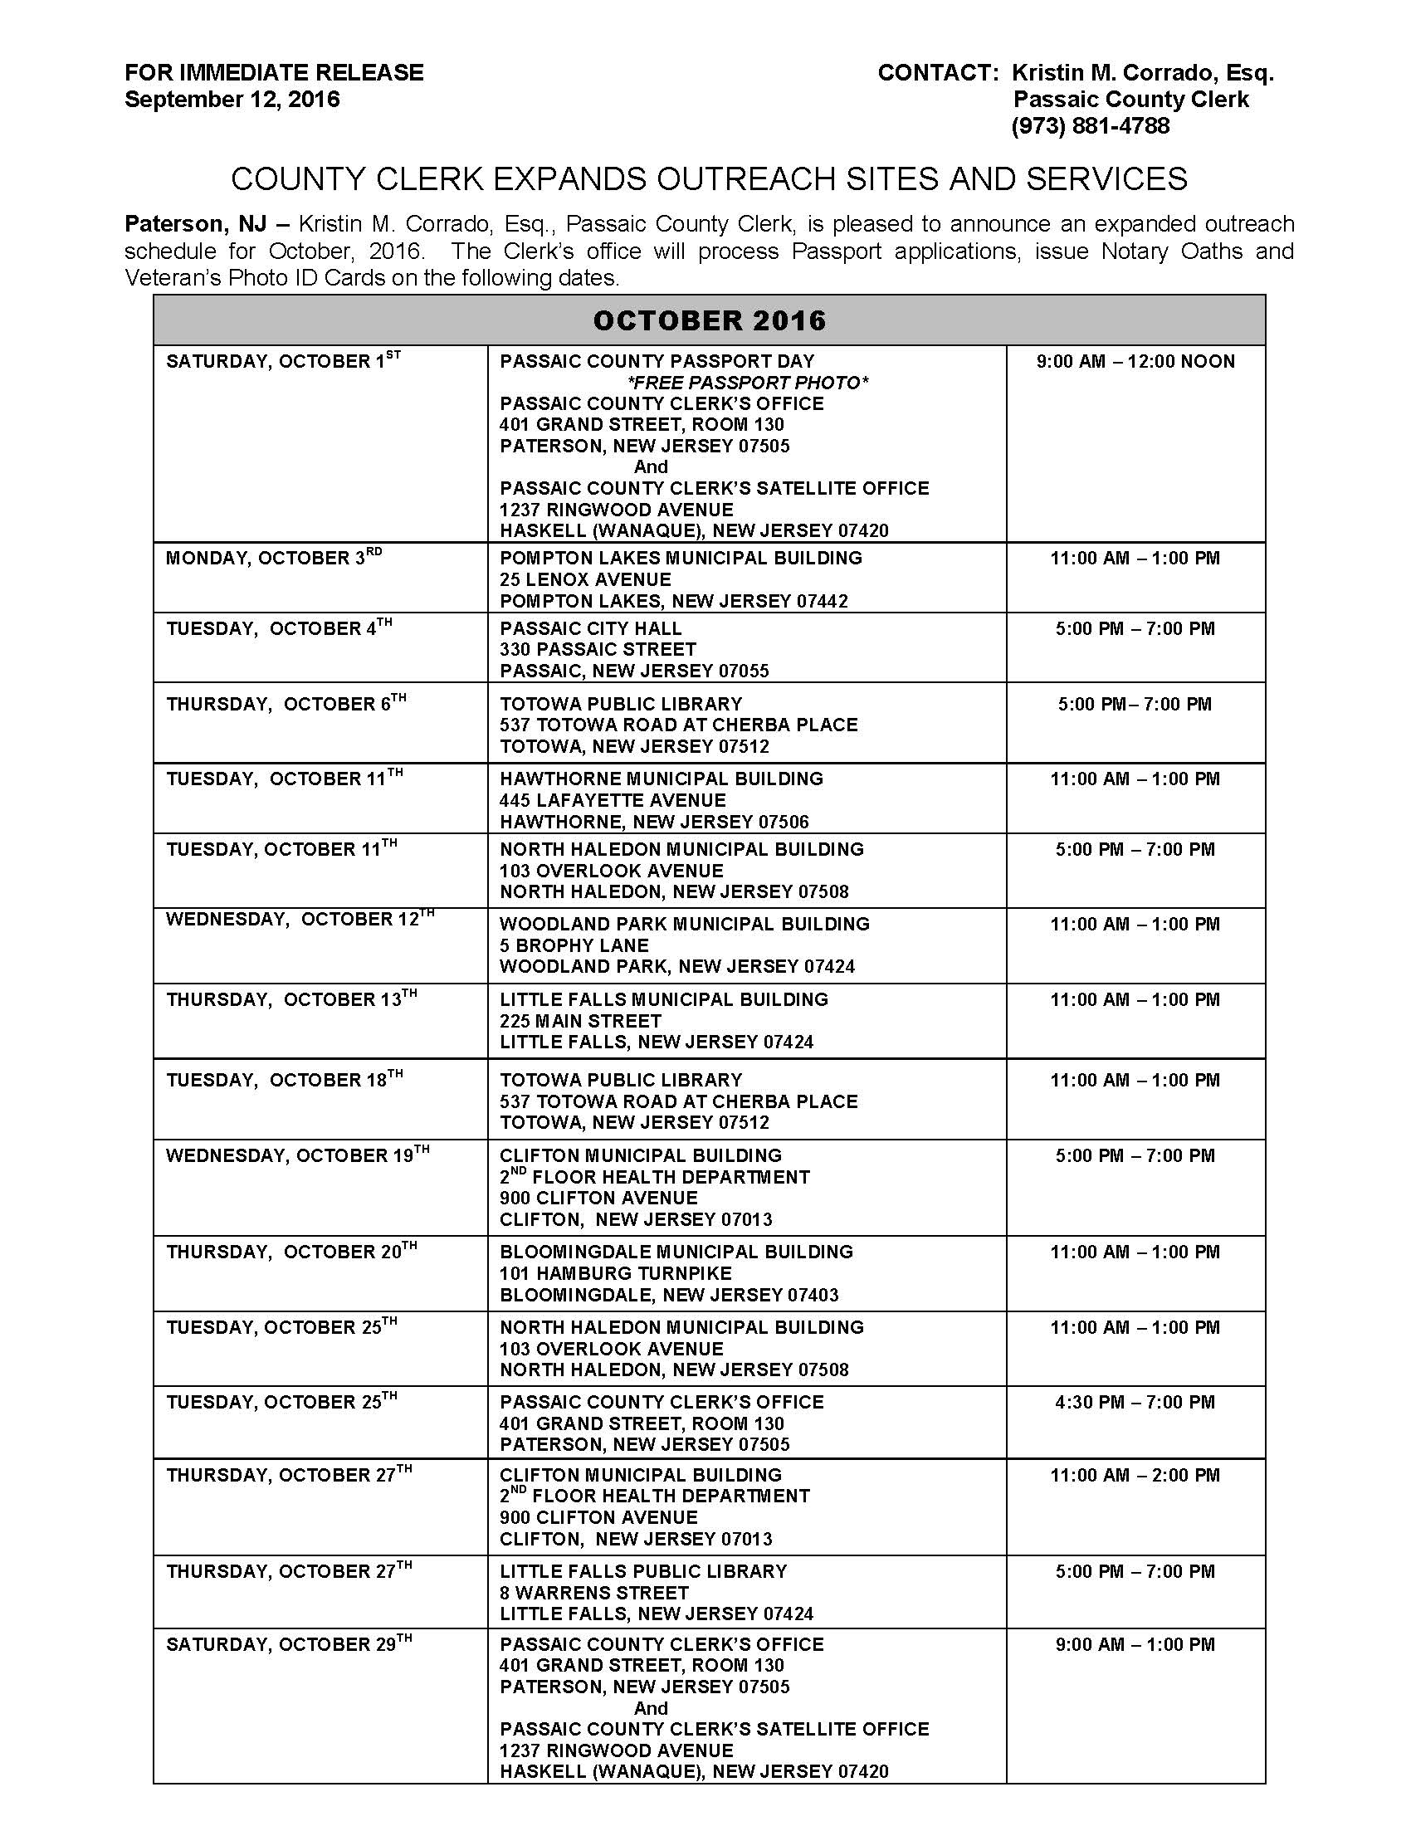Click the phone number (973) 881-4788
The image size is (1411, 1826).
point(1090,126)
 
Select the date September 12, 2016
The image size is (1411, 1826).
point(232,100)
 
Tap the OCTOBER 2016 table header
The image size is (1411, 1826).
point(709,320)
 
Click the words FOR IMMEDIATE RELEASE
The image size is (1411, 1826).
point(274,73)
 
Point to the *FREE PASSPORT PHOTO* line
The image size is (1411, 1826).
point(748,383)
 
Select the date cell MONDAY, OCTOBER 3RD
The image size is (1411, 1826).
point(273,558)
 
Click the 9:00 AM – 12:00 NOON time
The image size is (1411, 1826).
point(1135,361)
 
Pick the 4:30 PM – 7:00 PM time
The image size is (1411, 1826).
point(1135,1402)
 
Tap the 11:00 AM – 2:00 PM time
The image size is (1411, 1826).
point(1135,1475)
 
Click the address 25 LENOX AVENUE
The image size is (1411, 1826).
point(585,579)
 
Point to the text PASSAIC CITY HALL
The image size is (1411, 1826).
point(591,628)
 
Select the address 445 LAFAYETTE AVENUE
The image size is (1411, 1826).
point(613,800)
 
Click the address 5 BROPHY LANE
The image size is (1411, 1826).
point(574,945)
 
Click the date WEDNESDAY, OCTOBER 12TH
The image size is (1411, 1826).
point(300,920)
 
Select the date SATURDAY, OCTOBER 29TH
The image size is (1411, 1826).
point(288,1644)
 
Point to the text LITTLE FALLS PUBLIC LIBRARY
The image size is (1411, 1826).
point(643,1571)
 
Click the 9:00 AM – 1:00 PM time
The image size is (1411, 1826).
point(1135,1644)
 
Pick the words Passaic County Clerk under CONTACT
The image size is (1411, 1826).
point(1131,100)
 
